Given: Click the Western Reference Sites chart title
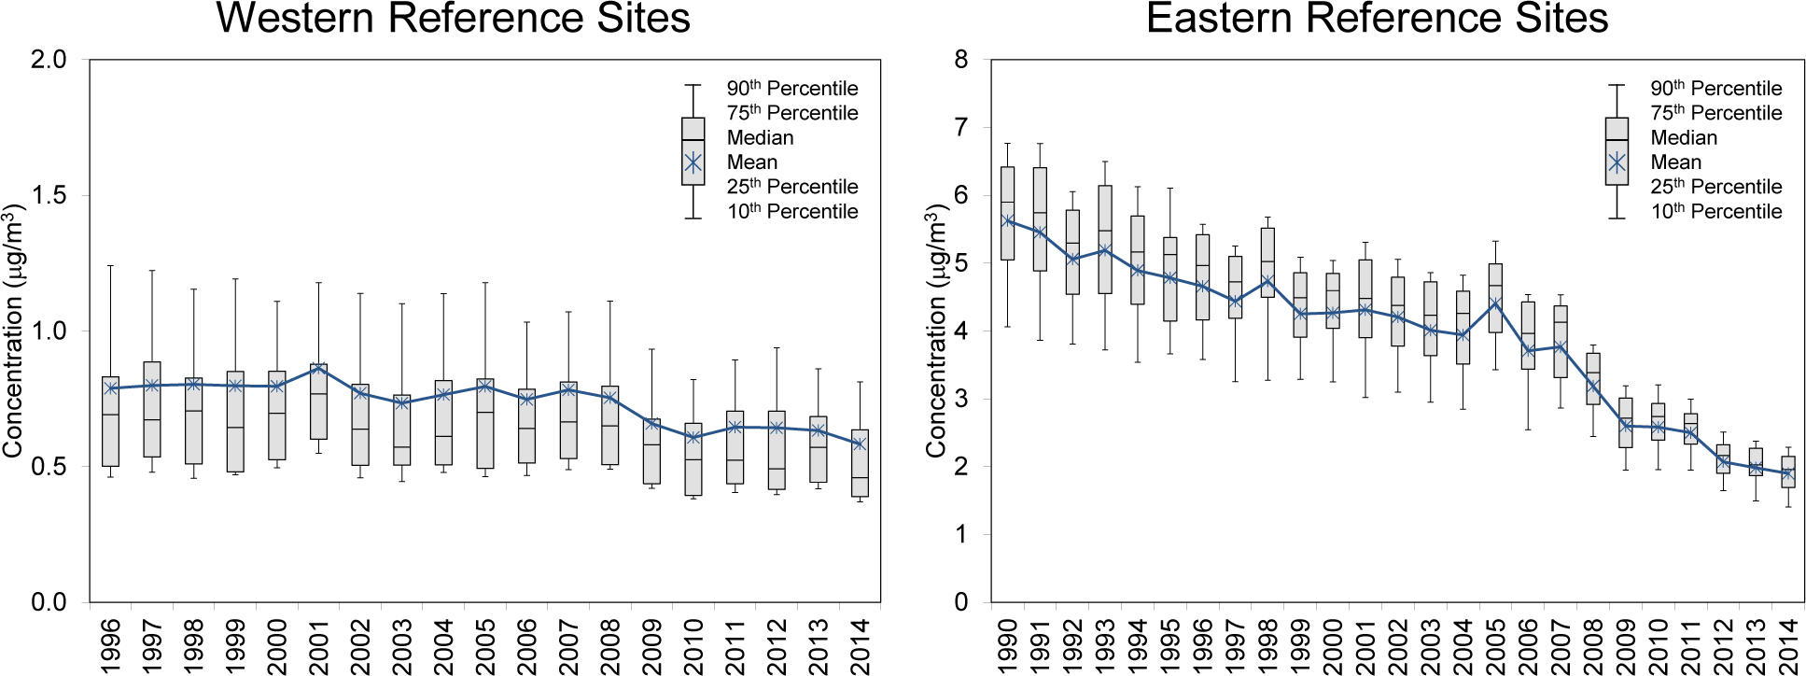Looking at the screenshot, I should click(x=454, y=19).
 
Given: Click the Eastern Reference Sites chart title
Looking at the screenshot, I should click(x=1377, y=19).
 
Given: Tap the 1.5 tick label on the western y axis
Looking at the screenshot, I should click(x=49, y=195).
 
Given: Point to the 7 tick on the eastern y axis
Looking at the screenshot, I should click(x=961, y=127).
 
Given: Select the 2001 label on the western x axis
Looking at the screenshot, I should click(x=318, y=644).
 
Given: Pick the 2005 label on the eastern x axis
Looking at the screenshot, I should click(x=1495, y=644).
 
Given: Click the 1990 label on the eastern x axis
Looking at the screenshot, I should click(x=1007, y=644).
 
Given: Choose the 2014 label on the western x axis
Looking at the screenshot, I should click(x=860, y=644).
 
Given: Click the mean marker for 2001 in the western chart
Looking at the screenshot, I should click(x=318, y=368).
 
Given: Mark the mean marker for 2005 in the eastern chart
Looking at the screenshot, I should click(x=1495, y=303).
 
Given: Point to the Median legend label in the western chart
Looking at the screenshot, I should click(x=760, y=138).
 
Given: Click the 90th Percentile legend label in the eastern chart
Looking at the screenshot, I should click(x=1715, y=89).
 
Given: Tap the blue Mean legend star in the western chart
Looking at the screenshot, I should click(x=693, y=163).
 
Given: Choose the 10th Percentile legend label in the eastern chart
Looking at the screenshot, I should click(x=1715, y=212).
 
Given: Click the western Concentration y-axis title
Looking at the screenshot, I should click(x=13, y=330).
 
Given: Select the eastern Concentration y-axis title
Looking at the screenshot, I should click(x=936, y=330).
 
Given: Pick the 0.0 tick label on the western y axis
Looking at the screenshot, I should click(x=49, y=602).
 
